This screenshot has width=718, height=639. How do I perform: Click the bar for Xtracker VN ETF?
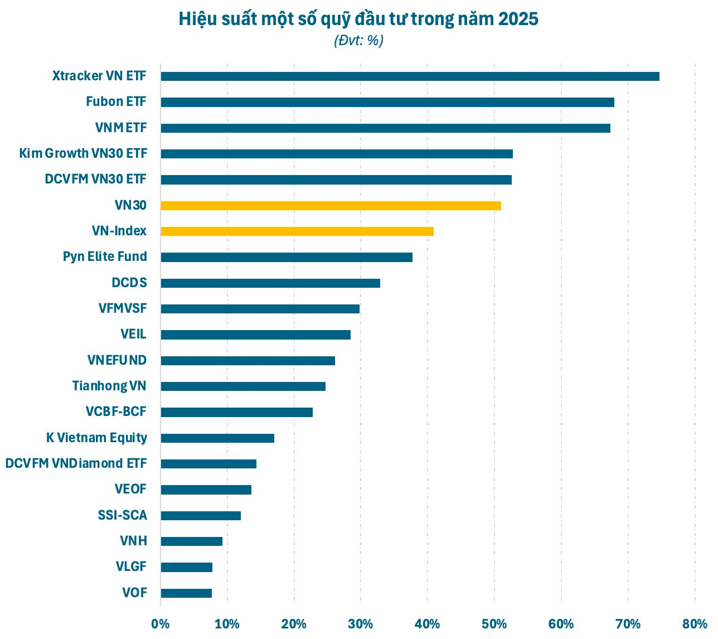(x=410, y=76)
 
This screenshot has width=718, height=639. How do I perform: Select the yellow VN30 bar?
(x=331, y=206)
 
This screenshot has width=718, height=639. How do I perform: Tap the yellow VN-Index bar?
(x=297, y=231)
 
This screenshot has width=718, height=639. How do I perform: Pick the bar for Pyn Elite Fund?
(x=287, y=257)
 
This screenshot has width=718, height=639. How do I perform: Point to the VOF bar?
(x=186, y=593)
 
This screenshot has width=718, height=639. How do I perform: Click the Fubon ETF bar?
(x=387, y=102)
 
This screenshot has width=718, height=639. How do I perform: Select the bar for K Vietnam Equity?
(x=217, y=438)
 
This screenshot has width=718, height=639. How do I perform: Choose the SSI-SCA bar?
(x=201, y=516)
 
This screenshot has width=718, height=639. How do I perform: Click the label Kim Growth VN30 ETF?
(x=83, y=153)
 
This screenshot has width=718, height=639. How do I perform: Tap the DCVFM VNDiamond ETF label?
(x=76, y=464)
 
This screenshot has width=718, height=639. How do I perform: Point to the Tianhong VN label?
(x=109, y=386)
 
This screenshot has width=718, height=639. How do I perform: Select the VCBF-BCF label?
(x=116, y=412)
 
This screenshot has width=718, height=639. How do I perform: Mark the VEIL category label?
(x=133, y=335)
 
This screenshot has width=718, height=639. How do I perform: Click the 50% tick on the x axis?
(x=494, y=624)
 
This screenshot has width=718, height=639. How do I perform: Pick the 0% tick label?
(x=161, y=624)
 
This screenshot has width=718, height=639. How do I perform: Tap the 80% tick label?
(x=695, y=624)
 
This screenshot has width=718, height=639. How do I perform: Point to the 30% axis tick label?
(x=361, y=624)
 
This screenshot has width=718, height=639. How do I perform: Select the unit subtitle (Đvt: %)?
(x=358, y=41)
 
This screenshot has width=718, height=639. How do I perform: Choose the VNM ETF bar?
(x=385, y=128)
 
